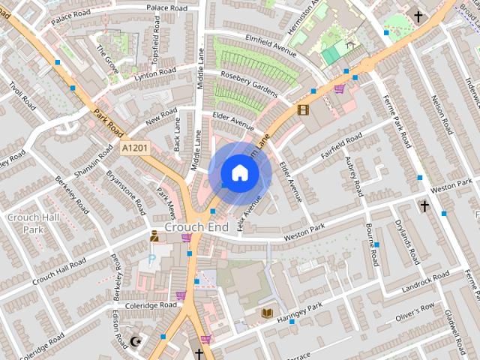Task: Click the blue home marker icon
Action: click(x=239, y=173)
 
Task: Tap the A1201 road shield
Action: click(x=135, y=148)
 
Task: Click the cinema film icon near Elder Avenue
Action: click(x=303, y=109)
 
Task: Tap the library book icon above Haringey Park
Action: click(x=267, y=312)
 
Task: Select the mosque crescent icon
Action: click(x=136, y=342)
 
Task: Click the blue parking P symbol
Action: click(x=152, y=259)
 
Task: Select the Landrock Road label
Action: click(x=424, y=283)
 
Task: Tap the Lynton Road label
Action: click(x=155, y=73)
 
